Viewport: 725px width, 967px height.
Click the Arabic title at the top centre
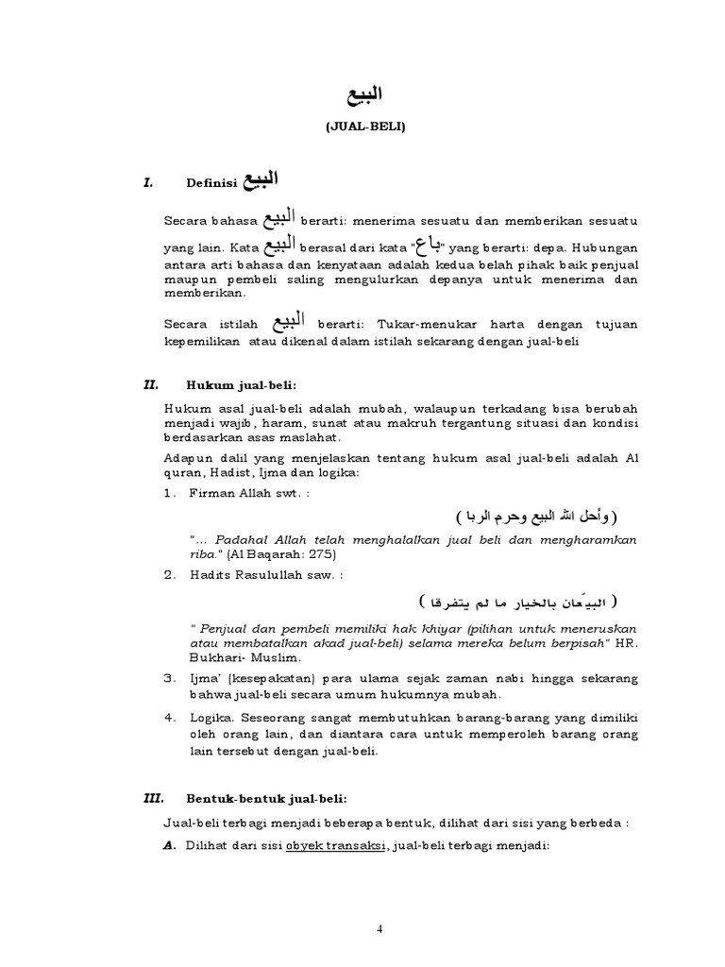click(362, 94)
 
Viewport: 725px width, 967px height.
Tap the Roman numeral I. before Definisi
click(148, 184)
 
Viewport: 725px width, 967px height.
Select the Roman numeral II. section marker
click(149, 385)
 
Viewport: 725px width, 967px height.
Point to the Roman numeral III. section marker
click(151, 798)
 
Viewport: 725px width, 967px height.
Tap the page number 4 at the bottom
click(380, 928)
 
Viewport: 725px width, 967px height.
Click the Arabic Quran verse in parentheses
click(534, 517)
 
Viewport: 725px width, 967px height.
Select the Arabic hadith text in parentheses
click(516, 602)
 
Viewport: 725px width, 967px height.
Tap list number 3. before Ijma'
click(170, 678)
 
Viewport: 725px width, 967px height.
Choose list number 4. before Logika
click(170, 717)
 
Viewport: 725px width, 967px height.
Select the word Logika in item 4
click(210, 717)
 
